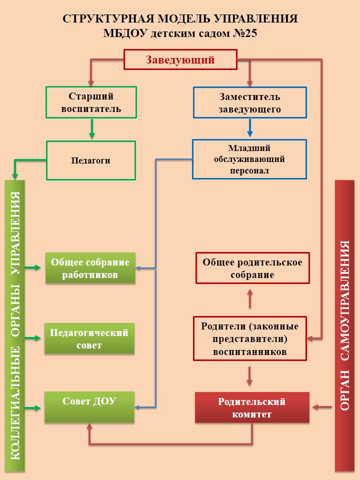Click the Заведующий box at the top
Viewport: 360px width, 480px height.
pyautogui.click(x=180, y=60)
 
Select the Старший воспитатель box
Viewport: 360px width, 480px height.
pyautogui.click(x=91, y=102)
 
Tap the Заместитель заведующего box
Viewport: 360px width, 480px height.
pyautogui.click(x=249, y=103)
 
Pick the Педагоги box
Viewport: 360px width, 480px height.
pyautogui.click(x=91, y=160)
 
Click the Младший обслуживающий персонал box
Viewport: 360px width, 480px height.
pyautogui.click(x=249, y=159)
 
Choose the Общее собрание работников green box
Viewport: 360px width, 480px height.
pyautogui.click(x=90, y=268)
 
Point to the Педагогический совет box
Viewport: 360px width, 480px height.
pyautogui.click(x=90, y=339)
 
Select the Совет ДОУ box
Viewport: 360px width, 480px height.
pyautogui.click(x=90, y=407)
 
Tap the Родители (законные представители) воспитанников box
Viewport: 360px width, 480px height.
pyautogui.click(x=250, y=338)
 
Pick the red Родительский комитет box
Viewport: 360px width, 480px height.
pyautogui.click(x=251, y=407)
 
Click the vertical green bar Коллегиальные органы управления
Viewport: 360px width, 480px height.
pyautogui.click(x=15, y=325)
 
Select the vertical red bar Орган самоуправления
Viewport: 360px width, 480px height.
pyautogui.click(x=344, y=325)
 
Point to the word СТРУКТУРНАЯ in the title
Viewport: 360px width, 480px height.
pyautogui.click(x=98, y=19)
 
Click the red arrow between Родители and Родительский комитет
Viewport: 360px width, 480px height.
pyautogui.click(x=250, y=375)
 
